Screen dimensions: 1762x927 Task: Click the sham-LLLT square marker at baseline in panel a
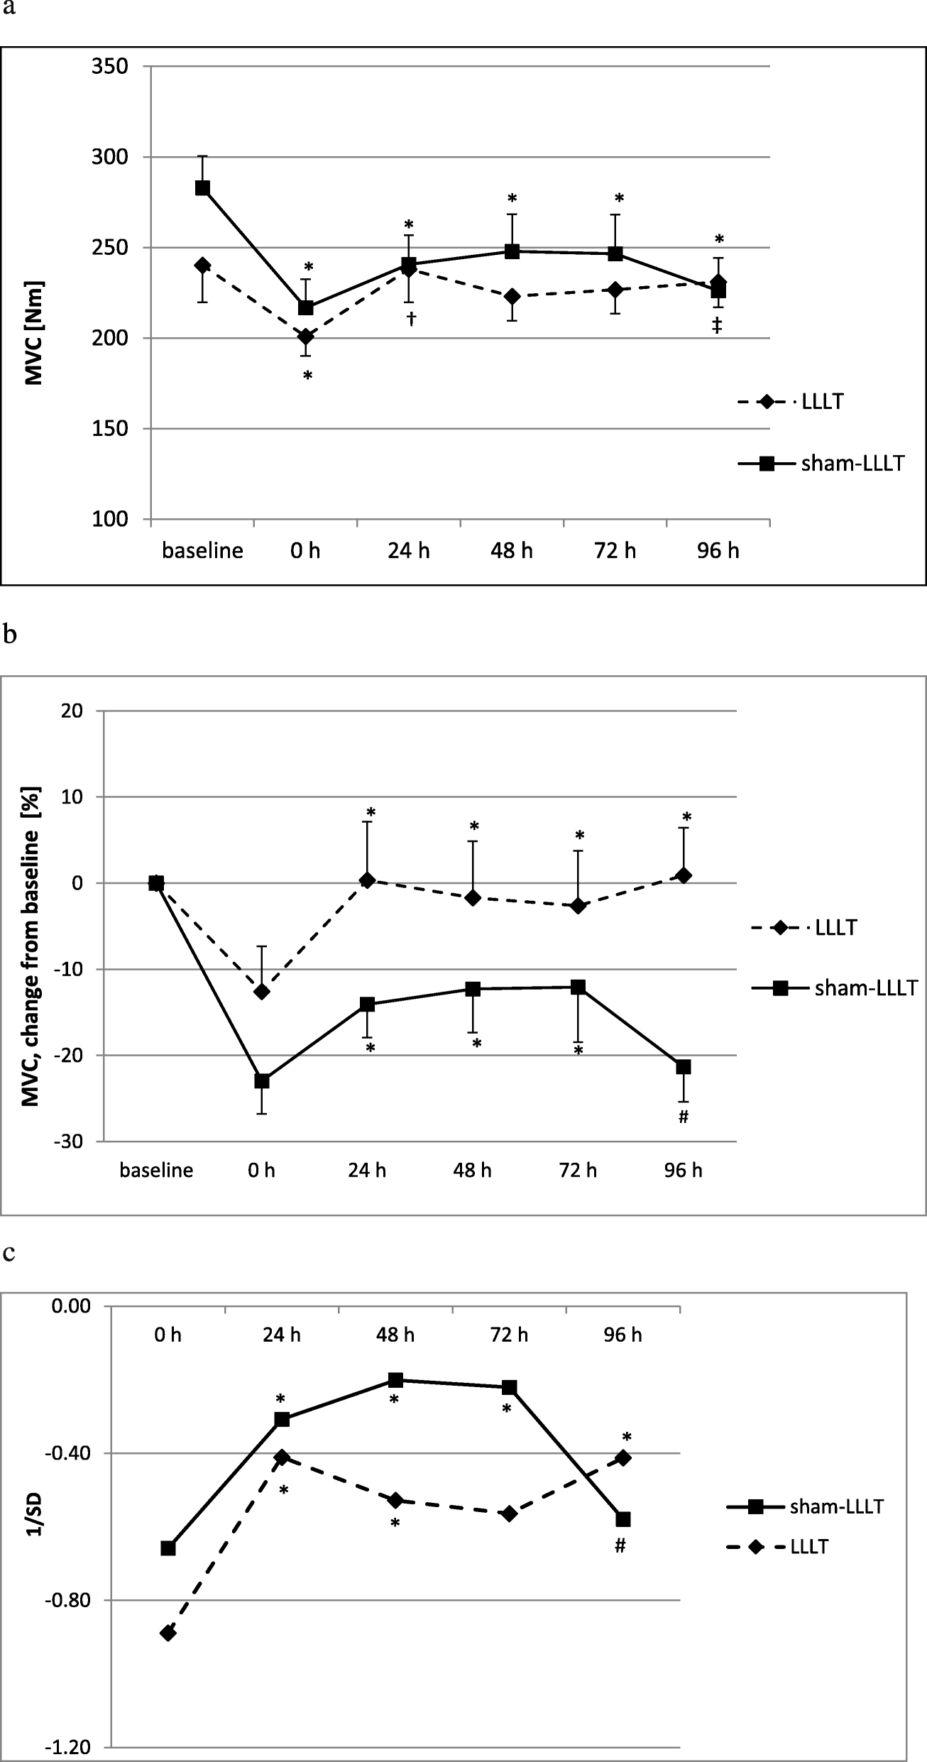202,188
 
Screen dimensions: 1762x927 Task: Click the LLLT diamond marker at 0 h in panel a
305,336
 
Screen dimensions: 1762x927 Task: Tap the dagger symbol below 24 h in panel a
410,319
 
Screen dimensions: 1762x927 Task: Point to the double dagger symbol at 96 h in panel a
718,326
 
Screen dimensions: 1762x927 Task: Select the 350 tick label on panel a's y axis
109,67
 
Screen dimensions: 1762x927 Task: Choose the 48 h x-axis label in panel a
512,551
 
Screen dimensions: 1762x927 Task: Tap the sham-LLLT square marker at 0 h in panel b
262,1081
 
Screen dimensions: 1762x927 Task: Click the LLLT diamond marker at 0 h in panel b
262,992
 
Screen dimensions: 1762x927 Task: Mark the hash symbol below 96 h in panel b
684,1117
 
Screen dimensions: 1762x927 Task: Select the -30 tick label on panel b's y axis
67,1142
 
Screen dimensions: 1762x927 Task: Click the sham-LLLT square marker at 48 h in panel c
395,1380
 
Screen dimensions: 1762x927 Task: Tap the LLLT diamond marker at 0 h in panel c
168,1628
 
